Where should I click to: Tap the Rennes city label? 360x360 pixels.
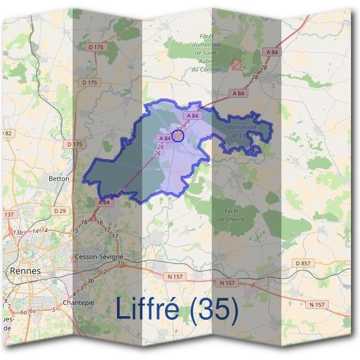[x=25, y=271]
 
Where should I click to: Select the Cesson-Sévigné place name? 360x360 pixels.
[x=100, y=256]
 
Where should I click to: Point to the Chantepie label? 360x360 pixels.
[x=79, y=302]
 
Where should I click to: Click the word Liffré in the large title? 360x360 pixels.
[x=150, y=309]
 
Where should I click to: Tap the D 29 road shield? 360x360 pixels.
[x=60, y=211]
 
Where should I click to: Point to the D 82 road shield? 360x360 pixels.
[x=7, y=133]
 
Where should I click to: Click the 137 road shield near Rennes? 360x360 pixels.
[x=8, y=214]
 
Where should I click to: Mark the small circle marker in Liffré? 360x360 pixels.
[x=178, y=135]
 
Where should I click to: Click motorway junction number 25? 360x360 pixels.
[x=121, y=192]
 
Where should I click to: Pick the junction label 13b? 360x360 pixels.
[x=18, y=232]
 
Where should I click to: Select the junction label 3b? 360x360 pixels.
[x=91, y=280]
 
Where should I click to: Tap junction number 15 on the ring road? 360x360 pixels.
[x=75, y=230]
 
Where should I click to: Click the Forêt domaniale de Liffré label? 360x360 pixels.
[x=243, y=128]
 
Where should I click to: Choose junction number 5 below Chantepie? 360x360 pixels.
[x=53, y=309]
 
